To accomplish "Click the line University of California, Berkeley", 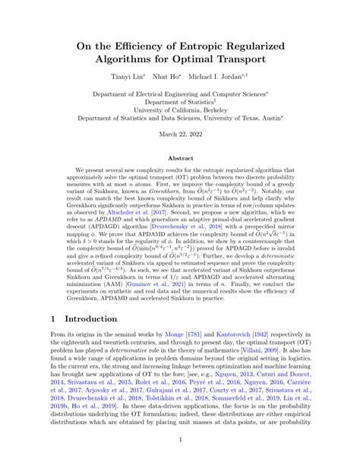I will (x=179, y=109).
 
